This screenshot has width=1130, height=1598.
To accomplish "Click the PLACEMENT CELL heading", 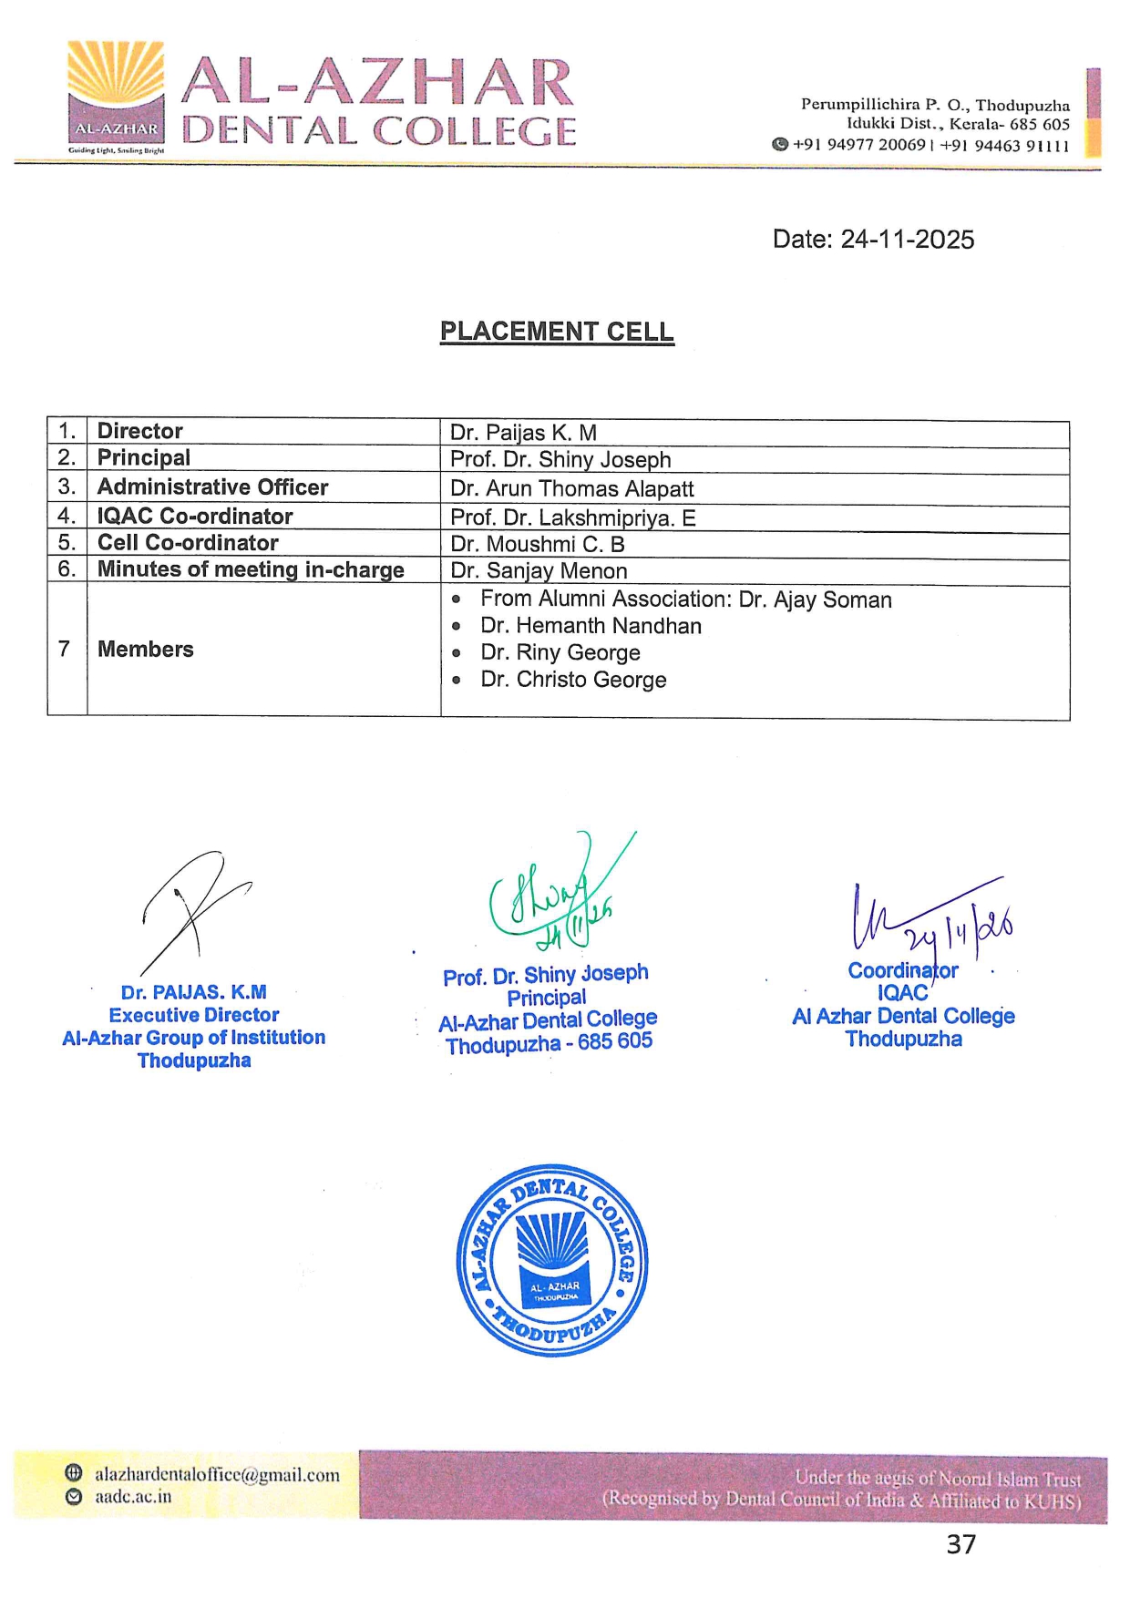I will click(x=557, y=332).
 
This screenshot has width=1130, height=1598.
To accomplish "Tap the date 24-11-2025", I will click(x=907, y=240).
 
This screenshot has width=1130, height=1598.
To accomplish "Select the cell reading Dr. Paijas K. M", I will click(x=523, y=433).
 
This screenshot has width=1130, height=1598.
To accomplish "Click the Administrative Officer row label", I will click(x=212, y=487).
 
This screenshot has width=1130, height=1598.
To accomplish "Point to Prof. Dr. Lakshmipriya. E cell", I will click(x=572, y=518).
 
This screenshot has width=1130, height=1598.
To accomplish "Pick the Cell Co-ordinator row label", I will click(x=188, y=543).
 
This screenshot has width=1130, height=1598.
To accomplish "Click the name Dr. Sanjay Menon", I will click(x=539, y=571).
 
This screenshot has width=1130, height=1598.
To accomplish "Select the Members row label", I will click(x=146, y=650).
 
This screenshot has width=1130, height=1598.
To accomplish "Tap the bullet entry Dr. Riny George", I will click(x=560, y=653).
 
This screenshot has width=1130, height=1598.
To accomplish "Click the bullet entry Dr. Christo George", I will click(x=573, y=681).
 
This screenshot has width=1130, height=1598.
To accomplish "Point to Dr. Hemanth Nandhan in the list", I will click(x=591, y=626).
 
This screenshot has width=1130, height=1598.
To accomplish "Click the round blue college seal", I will click(x=552, y=1260).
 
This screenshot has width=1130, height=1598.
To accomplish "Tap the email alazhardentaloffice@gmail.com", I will click(x=217, y=1475).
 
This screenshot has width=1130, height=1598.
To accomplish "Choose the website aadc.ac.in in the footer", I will click(x=133, y=1497).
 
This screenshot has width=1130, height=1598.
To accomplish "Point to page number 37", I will click(x=961, y=1545).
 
